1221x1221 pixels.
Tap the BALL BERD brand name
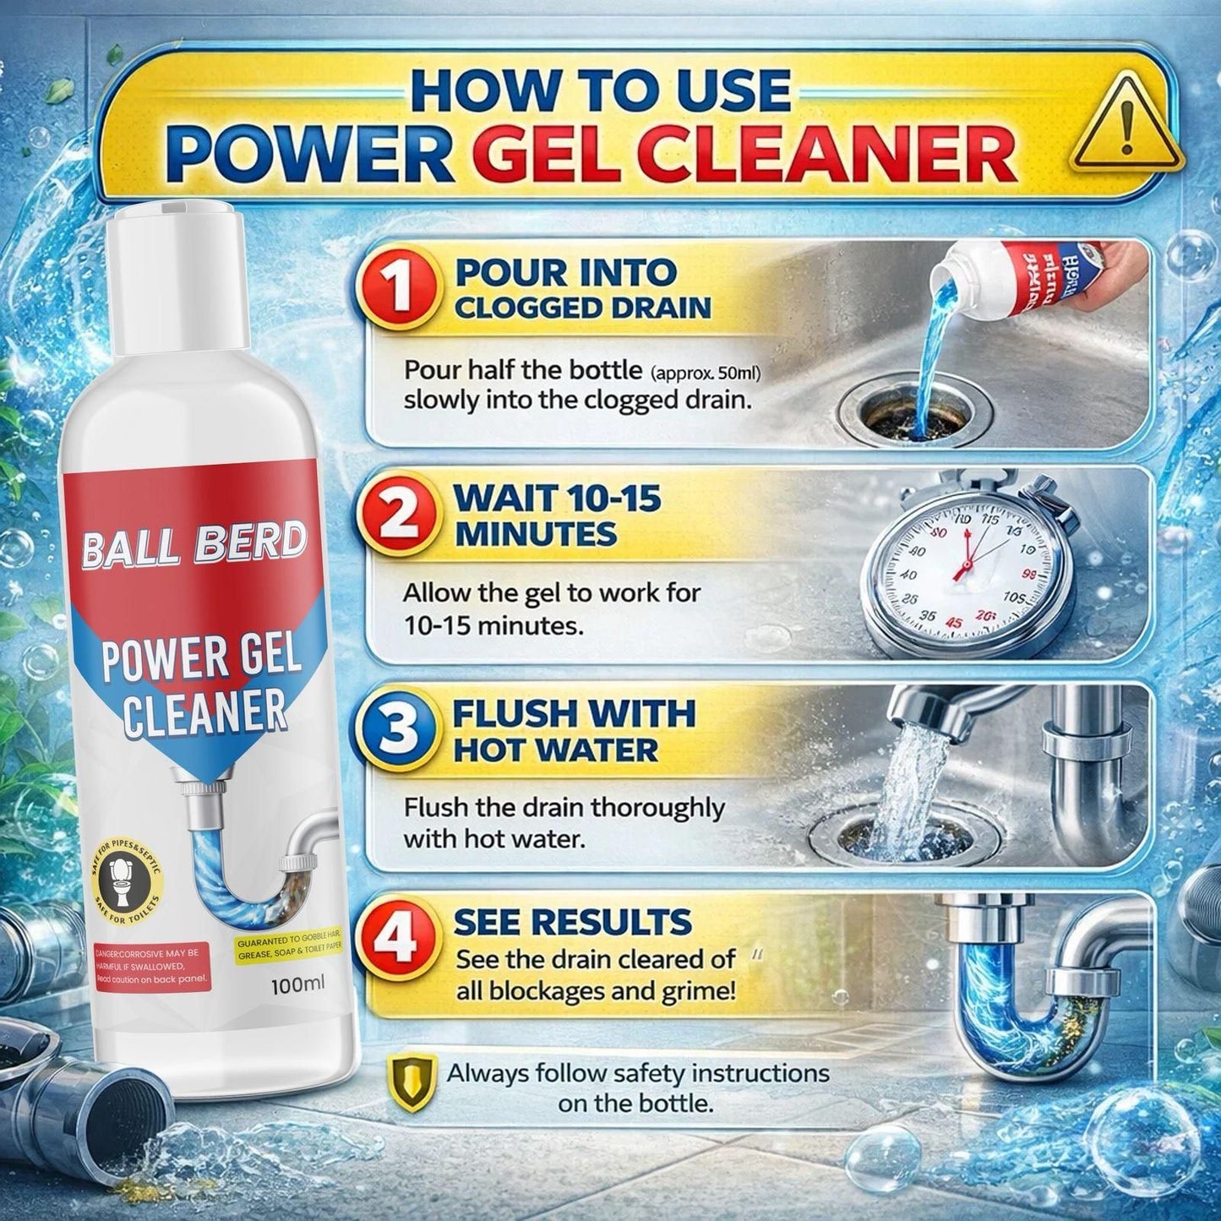194,543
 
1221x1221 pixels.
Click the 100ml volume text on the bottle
297,984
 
